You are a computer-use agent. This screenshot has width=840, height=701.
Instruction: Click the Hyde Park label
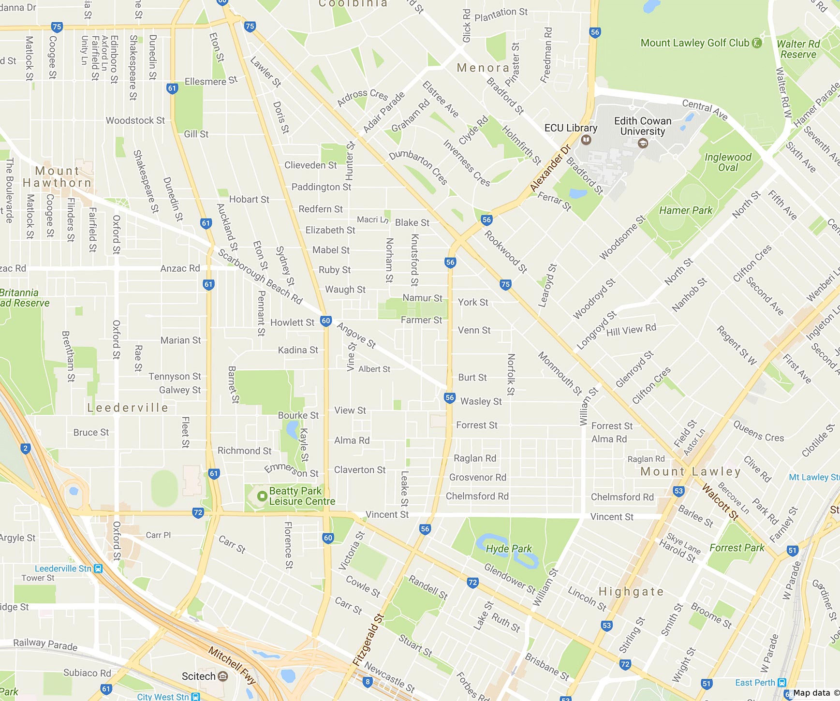click(x=508, y=549)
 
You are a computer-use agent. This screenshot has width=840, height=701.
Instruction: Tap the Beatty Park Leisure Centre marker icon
click(x=262, y=496)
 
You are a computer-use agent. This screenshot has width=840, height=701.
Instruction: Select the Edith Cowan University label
click(x=643, y=126)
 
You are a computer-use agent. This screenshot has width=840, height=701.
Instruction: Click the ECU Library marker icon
click(x=586, y=140)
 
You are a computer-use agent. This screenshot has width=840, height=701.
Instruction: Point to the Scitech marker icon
click(x=223, y=676)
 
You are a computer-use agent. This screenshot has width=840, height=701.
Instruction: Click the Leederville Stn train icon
click(x=98, y=569)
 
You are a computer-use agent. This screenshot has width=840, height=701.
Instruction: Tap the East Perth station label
click(x=754, y=683)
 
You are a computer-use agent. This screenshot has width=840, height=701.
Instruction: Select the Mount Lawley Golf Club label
click(x=694, y=43)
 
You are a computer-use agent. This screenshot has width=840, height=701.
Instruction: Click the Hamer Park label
click(x=685, y=210)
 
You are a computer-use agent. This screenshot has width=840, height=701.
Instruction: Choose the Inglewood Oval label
click(x=728, y=162)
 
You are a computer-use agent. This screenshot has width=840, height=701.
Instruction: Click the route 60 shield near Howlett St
click(x=326, y=321)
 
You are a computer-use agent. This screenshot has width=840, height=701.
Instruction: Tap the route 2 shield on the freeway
click(x=26, y=448)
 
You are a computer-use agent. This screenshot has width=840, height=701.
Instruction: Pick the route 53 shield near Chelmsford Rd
click(x=678, y=491)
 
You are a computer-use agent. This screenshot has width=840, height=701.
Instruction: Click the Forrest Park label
click(x=737, y=548)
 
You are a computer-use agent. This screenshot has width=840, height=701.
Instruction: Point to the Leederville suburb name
click(x=128, y=408)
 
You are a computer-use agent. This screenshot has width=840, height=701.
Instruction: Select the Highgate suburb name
click(x=631, y=591)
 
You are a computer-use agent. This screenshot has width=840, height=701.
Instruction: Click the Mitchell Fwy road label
click(x=232, y=665)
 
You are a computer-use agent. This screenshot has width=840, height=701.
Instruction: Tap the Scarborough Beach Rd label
click(x=260, y=276)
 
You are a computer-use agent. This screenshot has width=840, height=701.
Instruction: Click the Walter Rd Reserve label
click(x=798, y=49)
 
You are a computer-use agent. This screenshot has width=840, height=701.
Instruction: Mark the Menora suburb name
click(x=483, y=68)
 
